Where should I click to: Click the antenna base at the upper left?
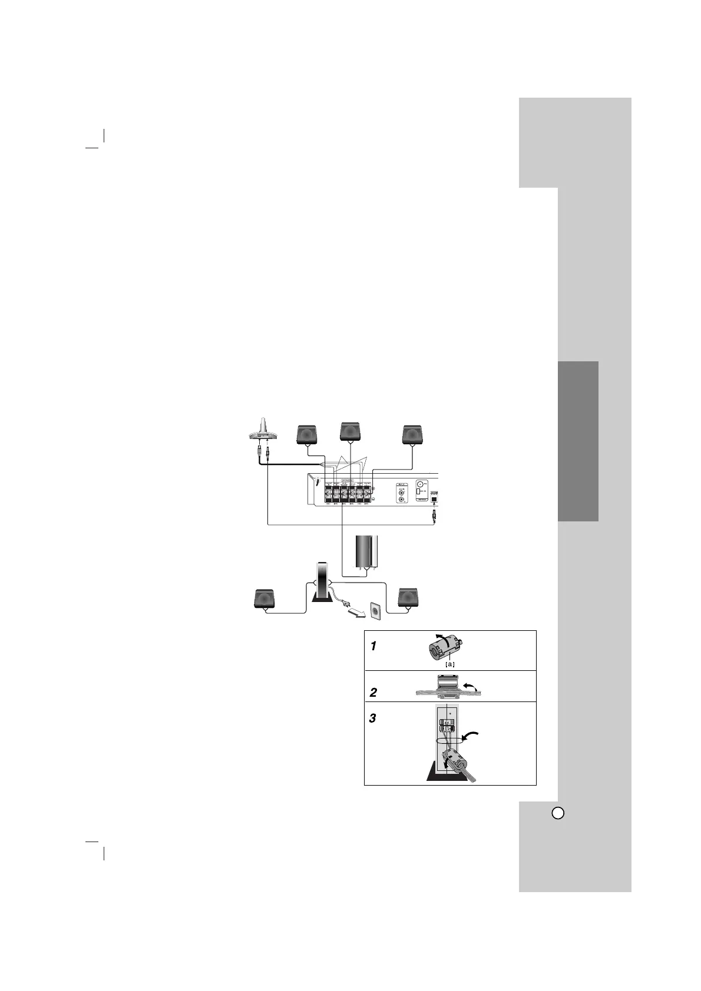point(263,434)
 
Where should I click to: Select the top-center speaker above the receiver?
point(351,431)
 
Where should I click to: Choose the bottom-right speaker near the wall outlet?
point(409,597)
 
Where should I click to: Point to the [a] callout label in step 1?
point(449,664)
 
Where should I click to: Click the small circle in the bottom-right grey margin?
point(558,813)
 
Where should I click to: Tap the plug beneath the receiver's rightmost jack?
point(434,516)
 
